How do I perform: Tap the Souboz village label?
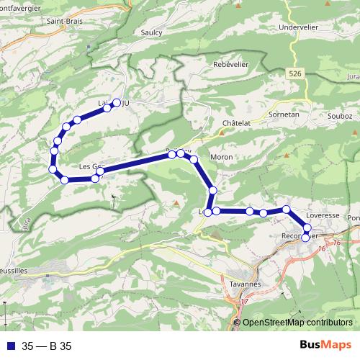(333, 114)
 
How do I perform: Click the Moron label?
(221, 156)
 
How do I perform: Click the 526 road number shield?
(293, 73)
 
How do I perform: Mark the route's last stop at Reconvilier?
(305, 237)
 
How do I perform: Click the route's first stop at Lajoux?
(117, 102)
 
